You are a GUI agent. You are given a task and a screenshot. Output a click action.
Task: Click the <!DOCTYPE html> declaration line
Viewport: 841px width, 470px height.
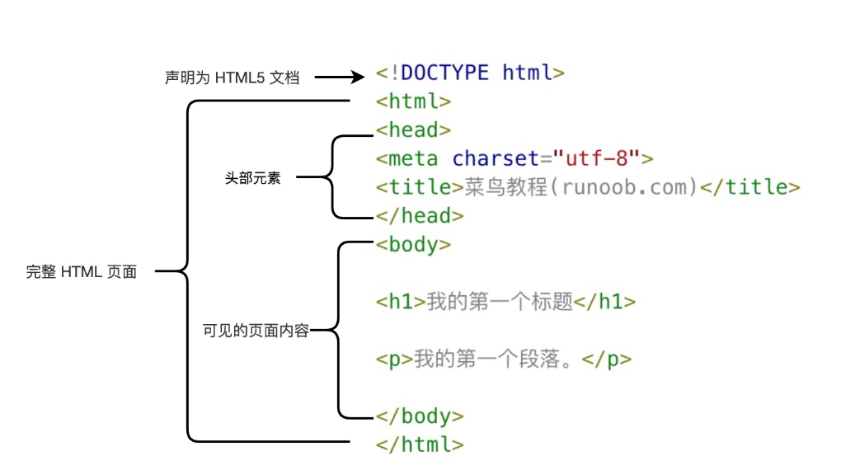pyautogui.click(x=470, y=73)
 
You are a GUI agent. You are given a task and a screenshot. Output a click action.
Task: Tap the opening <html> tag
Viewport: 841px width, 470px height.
pyautogui.click(x=413, y=101)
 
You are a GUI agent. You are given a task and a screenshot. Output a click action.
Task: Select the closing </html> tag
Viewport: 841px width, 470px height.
pyautogui.click(x=420, y=444)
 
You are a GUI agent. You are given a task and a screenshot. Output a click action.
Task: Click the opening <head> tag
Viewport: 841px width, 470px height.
pyautogui.click(x=413, y=129)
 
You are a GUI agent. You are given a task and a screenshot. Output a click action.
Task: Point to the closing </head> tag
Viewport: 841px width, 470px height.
pyautogui.click(x=420, y=216)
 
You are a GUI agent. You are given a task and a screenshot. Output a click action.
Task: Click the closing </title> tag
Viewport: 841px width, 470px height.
pyautogui.click(x=749, y=187)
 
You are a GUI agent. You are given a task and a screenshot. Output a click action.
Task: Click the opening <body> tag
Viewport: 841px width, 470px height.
pyautogui.click(x=413, y=245)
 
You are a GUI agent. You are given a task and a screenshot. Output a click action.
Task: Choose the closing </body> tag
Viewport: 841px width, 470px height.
pyautogui.click(x=420, y=416)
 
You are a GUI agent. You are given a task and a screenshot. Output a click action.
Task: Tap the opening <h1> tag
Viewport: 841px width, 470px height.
pyautogui.click(x=401, y=302)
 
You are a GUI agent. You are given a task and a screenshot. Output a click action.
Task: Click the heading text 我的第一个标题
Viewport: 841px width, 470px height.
pyautogui.click(x=500, y=302)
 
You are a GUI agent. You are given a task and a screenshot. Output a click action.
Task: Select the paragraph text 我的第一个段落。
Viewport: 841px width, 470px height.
pyautogui.click(x=497, y=360)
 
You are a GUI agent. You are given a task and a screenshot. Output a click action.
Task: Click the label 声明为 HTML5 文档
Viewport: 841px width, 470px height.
pyautogui.click(x=232, y=78)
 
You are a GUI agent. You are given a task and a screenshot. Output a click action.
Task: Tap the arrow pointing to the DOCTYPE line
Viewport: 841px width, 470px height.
pyautogui.click(x=339, y=78)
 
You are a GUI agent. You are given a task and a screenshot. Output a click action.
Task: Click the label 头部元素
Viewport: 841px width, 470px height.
pyautogui.click(x=253, y=178)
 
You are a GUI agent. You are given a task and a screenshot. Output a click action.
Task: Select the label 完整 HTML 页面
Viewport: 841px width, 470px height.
pyautogui.click(x=82, y=272)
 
